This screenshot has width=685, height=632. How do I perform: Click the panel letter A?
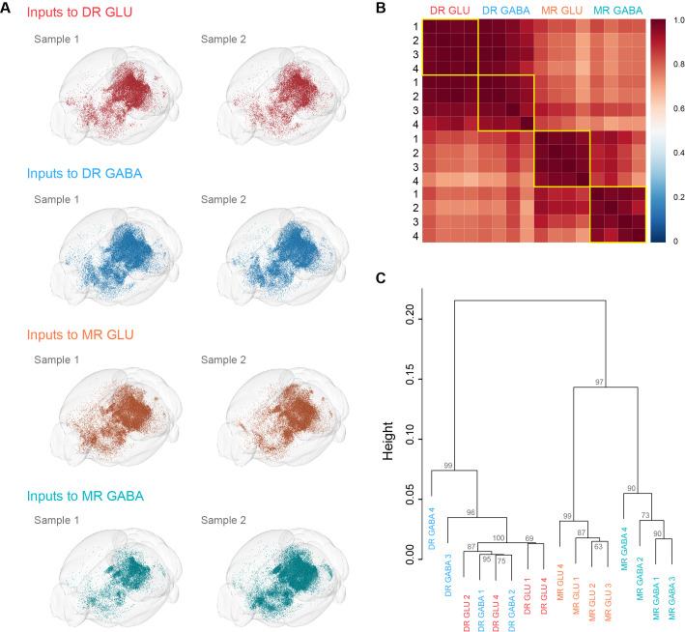(8, 10)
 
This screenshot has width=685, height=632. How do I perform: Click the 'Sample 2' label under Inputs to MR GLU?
(223, 359)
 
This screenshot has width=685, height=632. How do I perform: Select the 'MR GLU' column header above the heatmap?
(562, 10)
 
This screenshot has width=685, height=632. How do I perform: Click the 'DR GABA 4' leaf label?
(431, 530)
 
